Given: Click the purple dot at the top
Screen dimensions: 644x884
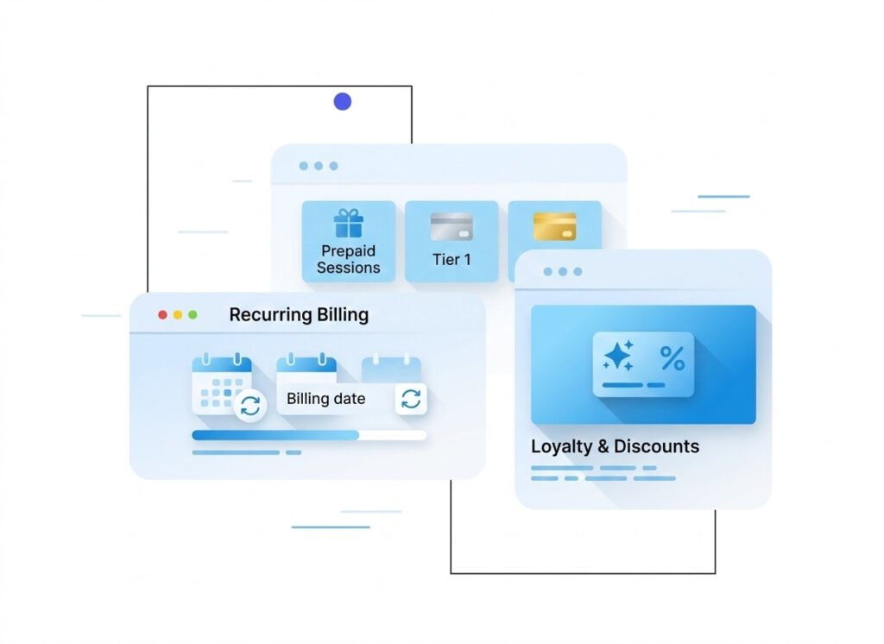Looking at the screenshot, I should [x=343, y=102].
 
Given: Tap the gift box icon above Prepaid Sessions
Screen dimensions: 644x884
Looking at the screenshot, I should [x=349, y=224].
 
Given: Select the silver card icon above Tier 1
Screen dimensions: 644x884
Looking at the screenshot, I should [x=451, y=227].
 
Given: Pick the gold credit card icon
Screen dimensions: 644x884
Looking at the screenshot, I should [x=554, y=227].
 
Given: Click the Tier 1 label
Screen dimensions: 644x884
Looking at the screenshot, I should [x=451, y=259].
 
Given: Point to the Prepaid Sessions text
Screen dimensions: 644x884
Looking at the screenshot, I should [x=349, y=259].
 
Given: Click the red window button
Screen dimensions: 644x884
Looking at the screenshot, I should [x=162, y=315].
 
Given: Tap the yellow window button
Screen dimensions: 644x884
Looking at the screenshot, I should [x=178, y=315].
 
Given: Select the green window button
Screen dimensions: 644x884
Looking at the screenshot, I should [x=193, y=315].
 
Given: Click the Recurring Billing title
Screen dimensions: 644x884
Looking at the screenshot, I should [x=299, y=315].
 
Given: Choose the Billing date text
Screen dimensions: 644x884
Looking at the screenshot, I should [x=325, y=399].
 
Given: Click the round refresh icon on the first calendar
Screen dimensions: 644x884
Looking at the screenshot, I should [x=250, y=406].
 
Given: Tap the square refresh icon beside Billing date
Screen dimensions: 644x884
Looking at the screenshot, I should [x=411, y=399].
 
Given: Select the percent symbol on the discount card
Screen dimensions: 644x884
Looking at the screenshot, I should [x=672, y=358].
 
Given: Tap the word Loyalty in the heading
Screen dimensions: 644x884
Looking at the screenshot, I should [x=561, y=446].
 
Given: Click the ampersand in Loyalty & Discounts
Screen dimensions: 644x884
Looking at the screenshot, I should [x=603, y=446].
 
